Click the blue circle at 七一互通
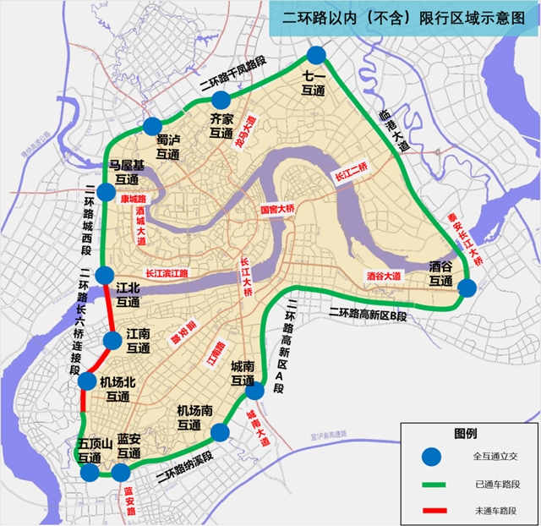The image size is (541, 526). click(x=316, y=56)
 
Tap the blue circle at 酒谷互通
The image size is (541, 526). click(x=467, y=288)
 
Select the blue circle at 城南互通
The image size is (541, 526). click(x=254, y=390)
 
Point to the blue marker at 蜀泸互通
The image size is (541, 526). click(x=154, y=124)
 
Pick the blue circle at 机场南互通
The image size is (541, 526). click(x=220, y=433)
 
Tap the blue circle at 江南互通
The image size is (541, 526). click(x=112, y=340)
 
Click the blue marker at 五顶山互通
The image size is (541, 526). click(x=90, y=471)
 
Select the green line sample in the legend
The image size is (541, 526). click(x=432, y=485)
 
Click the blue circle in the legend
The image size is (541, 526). click(x=433, y=457)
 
